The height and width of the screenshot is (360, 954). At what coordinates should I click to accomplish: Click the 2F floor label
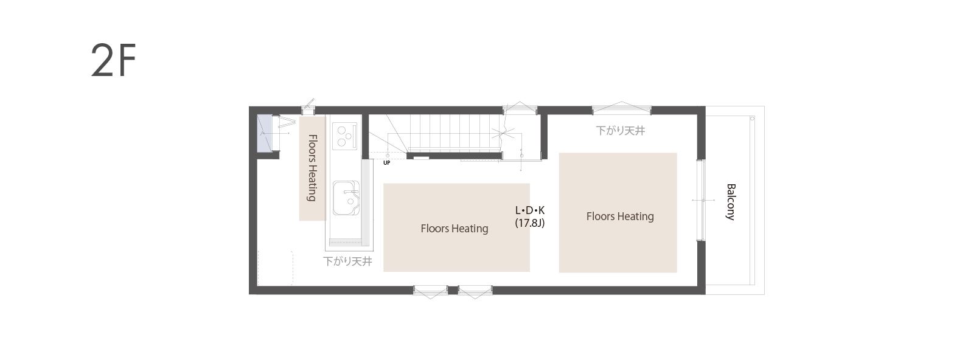[113, 60]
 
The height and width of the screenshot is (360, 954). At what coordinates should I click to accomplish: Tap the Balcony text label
[731, 202]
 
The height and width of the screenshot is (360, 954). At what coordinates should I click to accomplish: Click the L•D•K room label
[530, 210]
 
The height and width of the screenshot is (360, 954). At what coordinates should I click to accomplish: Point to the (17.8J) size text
[530, 223]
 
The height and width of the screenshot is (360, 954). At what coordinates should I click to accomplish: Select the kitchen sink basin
[346, 198]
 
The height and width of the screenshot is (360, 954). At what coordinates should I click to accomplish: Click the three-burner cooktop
[344, 136]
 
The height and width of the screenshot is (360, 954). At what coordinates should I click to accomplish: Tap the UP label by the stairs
[387, 162]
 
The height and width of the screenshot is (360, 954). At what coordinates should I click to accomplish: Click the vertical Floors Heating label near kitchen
[312, 168]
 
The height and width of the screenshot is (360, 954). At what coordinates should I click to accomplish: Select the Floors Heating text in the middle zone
[454, 229]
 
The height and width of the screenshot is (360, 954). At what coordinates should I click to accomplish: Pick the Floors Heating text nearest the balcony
[620, 216]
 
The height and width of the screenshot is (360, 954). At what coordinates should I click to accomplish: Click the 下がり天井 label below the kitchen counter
[347, 261]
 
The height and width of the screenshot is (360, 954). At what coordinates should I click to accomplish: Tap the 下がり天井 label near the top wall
[621, 130]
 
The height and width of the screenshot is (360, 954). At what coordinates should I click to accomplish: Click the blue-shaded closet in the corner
[265, 133]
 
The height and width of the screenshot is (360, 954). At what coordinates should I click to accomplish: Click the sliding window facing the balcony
[701, 200]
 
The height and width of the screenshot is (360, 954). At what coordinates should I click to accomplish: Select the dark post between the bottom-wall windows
[453, 290]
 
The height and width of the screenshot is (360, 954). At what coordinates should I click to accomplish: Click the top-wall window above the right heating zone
[621, 109]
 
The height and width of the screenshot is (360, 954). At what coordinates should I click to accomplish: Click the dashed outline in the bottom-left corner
[276, 268]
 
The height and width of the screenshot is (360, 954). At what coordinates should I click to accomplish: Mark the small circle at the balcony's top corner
[752, 119]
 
